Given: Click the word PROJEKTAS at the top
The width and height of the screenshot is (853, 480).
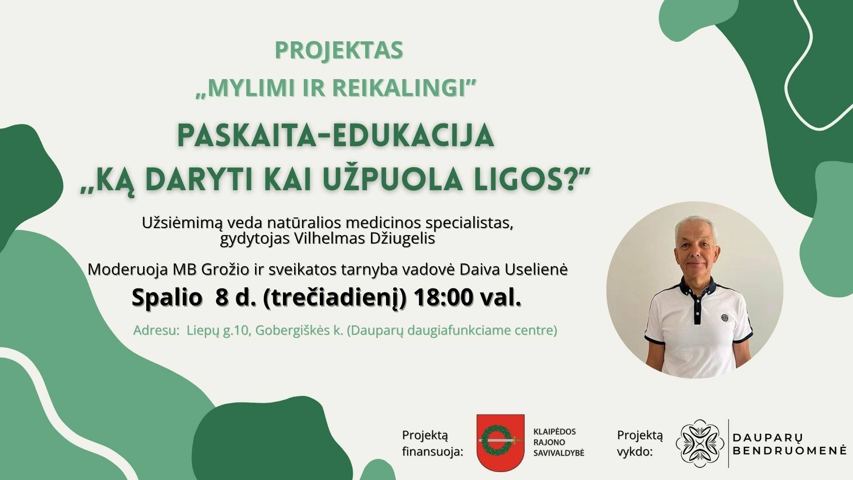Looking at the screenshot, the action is click(x=339, y=51).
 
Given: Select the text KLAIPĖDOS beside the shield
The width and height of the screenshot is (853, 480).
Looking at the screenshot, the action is click(x=554, y=432).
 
